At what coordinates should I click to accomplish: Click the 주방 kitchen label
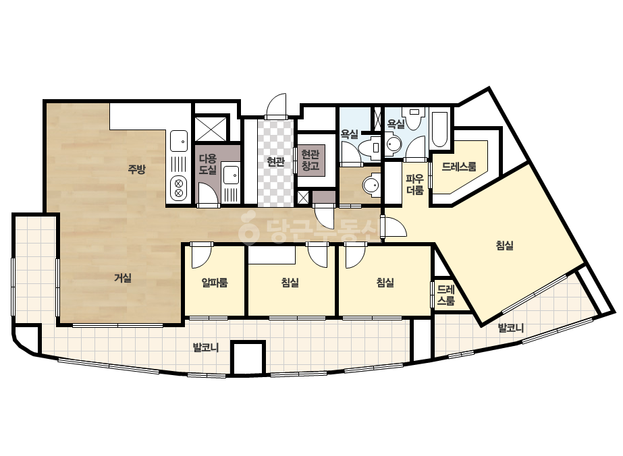click(x=136, y=169)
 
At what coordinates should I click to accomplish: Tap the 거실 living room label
click(x=123, y=278)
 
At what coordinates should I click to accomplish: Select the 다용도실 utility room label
click(x=208, y=165)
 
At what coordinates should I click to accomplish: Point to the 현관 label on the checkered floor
click(x=275, y=162)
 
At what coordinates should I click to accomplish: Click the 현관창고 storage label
click(x=310, y=160)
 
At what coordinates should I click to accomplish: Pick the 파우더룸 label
click(x=415, y=184)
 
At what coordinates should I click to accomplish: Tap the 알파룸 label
click(x=215, y=283)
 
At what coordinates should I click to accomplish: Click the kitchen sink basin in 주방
click(x=179, y=141)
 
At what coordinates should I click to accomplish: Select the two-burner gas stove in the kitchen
click(x=179, y=188)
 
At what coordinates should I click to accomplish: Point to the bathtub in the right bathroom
click(x=440, y=130)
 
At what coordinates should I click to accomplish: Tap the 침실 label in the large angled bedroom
click(x=505, y=245)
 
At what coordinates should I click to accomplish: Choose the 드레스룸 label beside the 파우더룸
click(x=459, y=167)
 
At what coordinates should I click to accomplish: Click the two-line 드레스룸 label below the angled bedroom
click(x=445, y=295)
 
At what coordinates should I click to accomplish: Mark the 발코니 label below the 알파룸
click(x=206, y=348)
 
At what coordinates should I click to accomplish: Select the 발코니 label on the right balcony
click(x=511, y=328)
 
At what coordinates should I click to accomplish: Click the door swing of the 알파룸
click(x=201, y=256)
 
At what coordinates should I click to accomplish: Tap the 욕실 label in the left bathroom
click(x=350, y=134)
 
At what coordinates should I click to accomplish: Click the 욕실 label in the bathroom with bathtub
click(x=396, y=123)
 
